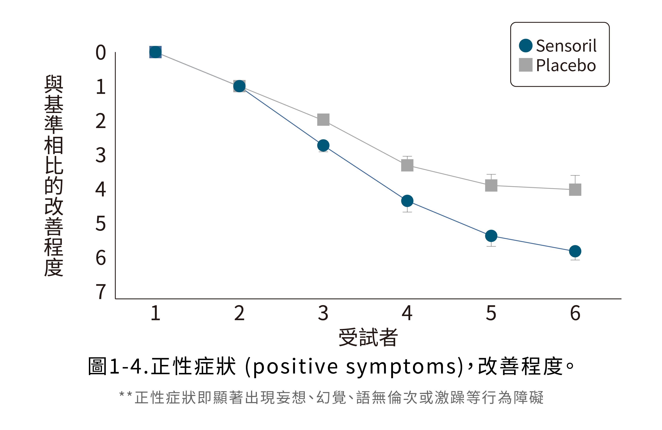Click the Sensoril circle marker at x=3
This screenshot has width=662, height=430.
323,145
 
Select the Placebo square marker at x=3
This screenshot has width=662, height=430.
323,120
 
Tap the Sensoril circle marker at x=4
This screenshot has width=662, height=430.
407,201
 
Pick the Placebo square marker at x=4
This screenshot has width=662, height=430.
407,165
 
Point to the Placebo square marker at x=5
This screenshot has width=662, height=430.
491,185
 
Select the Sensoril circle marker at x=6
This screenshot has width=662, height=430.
575,251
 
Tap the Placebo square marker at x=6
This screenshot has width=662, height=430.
575,190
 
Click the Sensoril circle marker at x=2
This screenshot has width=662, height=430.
239,86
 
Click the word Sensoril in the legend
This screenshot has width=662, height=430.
566,46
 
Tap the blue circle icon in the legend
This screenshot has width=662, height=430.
526,46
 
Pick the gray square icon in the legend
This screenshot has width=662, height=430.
526,65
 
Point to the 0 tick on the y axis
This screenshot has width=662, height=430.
101,52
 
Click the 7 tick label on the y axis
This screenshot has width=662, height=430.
101,292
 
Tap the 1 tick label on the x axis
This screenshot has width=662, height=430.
155,313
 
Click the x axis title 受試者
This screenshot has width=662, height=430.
368,337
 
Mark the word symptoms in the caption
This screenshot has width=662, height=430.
400,366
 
